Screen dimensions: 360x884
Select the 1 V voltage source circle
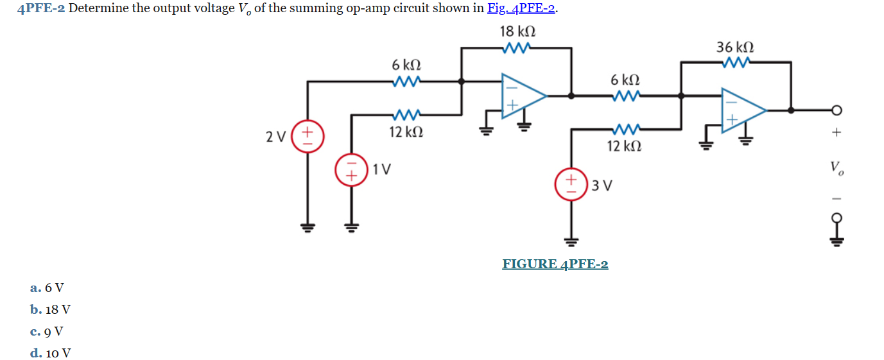click(351, 169)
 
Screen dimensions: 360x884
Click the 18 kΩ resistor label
click(517, 31)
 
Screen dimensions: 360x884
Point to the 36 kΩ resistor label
click(735, 47)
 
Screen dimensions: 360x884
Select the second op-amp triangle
click(742, 110)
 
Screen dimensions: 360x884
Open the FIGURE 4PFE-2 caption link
click(555, 264)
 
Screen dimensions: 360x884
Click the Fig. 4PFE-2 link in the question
click(522, 9)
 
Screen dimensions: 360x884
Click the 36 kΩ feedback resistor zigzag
click(735, 62)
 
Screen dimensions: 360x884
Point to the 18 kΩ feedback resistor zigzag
click(517, 47)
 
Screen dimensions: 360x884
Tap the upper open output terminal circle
click(837, 110)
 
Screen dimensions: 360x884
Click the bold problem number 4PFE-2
click(42, 9)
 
